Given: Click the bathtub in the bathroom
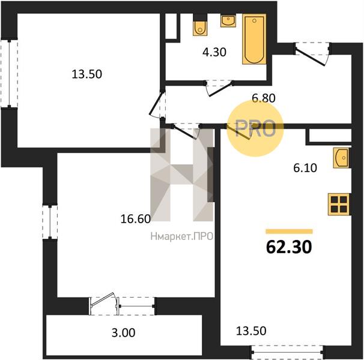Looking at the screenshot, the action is point(254,39).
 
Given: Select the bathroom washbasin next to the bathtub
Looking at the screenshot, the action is point(228,21).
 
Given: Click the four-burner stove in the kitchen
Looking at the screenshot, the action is point(339,205).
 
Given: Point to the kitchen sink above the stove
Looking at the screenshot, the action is point(341,158).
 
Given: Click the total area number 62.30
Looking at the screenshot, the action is point(289,247).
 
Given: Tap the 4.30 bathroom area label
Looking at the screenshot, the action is point(214,52).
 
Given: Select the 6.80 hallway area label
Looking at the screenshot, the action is point(264,98).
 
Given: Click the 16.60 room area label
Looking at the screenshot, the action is point(136,219).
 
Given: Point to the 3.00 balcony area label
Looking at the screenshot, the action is point(123,332).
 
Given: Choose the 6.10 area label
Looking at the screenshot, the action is point(305,168).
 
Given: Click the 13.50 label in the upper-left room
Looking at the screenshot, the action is point(87,74).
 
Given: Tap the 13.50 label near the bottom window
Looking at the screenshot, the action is point(251,331).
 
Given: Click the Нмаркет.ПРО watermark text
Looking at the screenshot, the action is point(182,236).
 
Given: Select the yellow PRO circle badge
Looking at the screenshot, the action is point(255,129).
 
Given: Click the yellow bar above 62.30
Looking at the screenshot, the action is point(290,231).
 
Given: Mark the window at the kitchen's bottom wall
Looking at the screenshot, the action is point(287,352).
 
